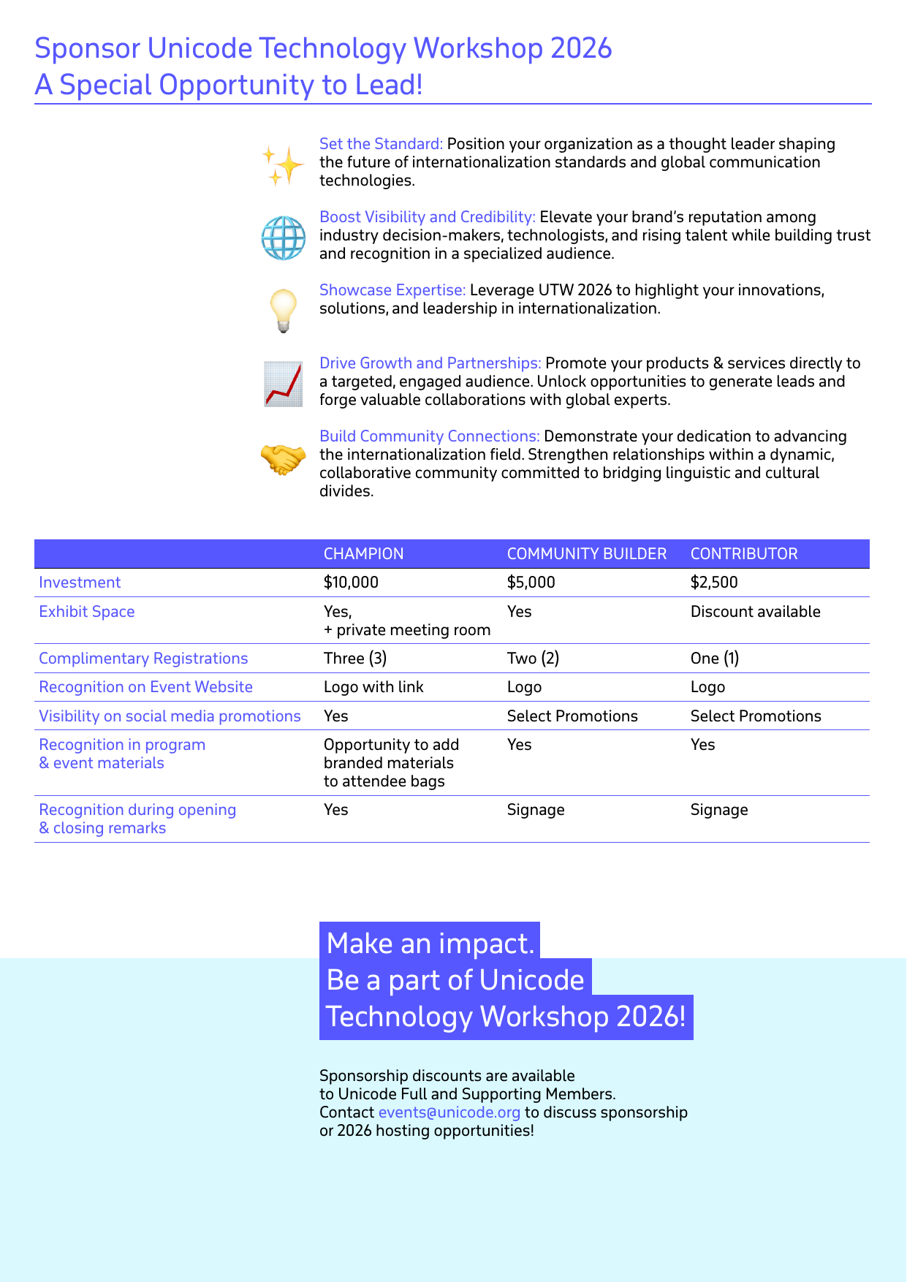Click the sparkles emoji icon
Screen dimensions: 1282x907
tap(283, 165)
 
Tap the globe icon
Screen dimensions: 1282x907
tap(284, 238)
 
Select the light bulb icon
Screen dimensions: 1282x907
tap(284, 311)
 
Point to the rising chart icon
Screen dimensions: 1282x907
tap(284, 384)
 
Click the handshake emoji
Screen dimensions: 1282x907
tap(284, 460)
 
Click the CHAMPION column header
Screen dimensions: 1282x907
tap(363, 554)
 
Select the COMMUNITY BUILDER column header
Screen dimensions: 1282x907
tap(586, 554)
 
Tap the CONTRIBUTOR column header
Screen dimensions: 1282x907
tap(744, 554)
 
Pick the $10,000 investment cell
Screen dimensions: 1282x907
tap(351, 583)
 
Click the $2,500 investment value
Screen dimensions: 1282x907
tap(714, 583)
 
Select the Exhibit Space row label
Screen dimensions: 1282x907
tap(87, 612)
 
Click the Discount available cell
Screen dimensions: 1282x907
tap(755, 612)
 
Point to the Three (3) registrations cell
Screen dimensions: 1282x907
tap(355, 659)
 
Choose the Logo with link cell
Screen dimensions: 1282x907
tap(373, 687)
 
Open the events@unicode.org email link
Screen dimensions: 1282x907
tap(449, 1112)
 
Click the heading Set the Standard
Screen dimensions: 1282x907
tap(381, 144)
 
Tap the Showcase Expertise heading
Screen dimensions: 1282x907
tap(392, 290)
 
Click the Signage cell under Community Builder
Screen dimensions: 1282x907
tap(536, 810)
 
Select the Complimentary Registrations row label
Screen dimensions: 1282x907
tap(143, 659)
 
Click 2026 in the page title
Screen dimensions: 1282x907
tap(581, 49)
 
